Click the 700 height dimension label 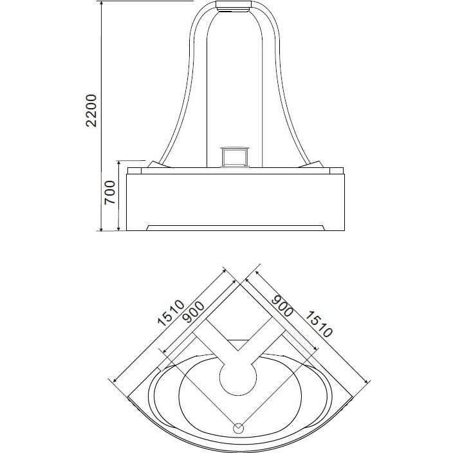tap(110, 192)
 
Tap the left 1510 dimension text tap(171, 313)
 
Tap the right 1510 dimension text tap(319, 324)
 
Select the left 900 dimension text tap(194, 312)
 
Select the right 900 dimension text tap(282, 306)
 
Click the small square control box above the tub tap(234, 157)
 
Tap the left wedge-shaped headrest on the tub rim tap(160, 164)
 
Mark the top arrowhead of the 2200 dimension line tap(101, 3)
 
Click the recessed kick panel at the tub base tap(236, 228)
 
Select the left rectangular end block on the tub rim tap(134, 171)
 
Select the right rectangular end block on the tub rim tap(337, 171)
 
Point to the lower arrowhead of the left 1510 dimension tap(115, 380)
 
